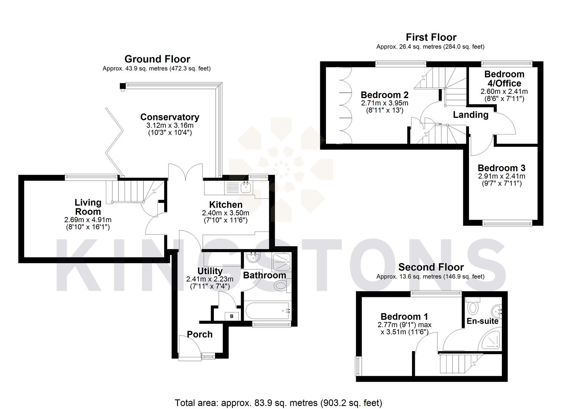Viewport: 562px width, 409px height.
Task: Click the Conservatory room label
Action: tap(170, 117)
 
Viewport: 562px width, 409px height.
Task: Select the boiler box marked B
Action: tap(232, 316)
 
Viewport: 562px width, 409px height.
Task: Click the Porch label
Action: tap(200, 334)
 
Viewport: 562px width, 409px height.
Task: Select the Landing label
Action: tap(470, 115)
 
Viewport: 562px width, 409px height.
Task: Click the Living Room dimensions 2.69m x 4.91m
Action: tap(88, 220)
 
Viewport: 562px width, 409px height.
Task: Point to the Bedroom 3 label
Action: tap(501, 168)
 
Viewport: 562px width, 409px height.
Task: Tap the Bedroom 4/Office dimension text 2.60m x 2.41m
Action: tap(504, 91)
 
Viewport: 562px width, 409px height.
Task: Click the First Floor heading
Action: tap(431, 37)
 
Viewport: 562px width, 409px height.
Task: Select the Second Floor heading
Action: tap(431, 267)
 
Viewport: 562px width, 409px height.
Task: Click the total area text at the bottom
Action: tap(278, 403)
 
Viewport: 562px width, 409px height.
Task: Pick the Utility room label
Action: tap(210, 271)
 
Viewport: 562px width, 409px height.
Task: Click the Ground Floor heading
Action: tap(157, 59)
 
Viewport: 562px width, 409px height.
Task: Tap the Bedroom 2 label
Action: tap(385, 95)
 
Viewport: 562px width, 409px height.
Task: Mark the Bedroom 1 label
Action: tap(404, 317)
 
